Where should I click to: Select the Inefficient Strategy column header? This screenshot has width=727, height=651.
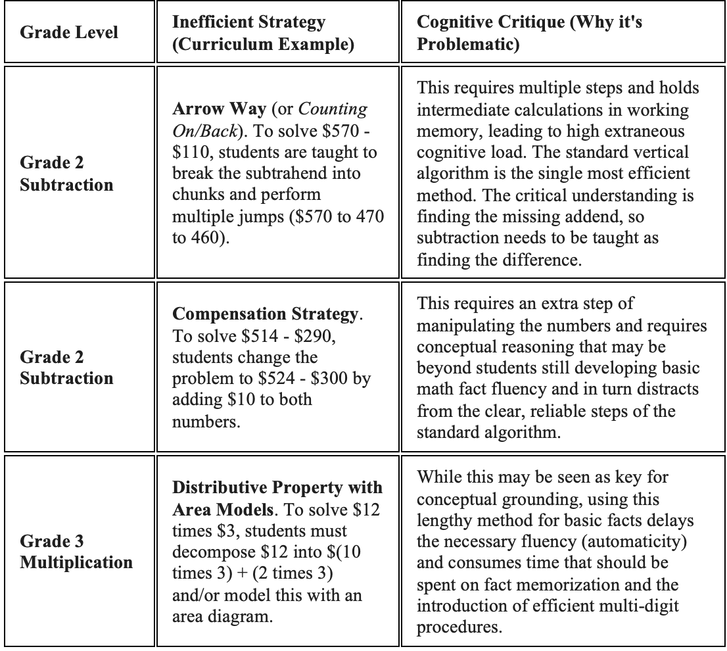248,33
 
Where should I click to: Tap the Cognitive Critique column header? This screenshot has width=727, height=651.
530,33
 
